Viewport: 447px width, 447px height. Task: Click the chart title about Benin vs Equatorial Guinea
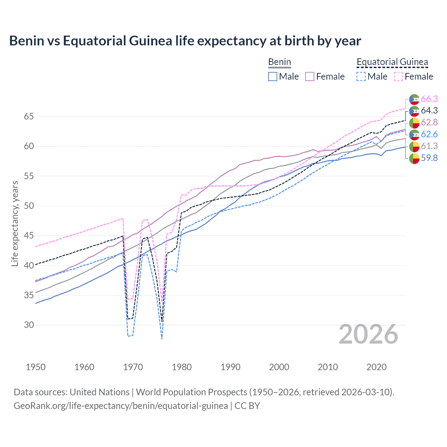click(x=185, y=41)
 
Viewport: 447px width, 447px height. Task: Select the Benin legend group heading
click(x=279, y=62)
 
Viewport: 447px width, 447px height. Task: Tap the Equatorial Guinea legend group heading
click(x=392, y=62)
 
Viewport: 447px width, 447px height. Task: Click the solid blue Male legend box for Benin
click(x=273, y=76)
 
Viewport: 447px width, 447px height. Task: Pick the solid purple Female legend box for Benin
click(x=310, y=76)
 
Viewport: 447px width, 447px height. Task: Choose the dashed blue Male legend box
click(x=361, y=76)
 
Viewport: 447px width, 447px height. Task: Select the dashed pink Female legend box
click(x=398, y=76)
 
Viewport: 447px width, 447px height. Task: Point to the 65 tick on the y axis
click(x=29, y=116)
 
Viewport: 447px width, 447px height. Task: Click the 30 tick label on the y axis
click(x=29, y=325)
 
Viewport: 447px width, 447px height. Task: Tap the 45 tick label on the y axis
click(x=29, y=236)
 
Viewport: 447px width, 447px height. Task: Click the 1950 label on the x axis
click(x=36, y=367)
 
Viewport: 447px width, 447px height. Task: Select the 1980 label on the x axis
click(x=182, y=367)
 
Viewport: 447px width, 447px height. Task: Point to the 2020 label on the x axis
click(x=376, y=367)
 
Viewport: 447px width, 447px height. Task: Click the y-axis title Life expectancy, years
click(x=15, y=223)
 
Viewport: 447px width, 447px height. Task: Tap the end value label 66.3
click(x=429, y=99)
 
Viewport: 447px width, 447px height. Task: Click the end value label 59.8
click(x=429, y=158)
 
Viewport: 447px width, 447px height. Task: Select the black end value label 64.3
click(x=429, y=111)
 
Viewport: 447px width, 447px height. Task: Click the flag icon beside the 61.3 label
click(x=414, y=146)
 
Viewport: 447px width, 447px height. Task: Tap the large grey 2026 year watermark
click(x=368, y=334)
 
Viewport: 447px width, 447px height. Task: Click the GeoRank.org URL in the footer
click(x=121, y=406)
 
